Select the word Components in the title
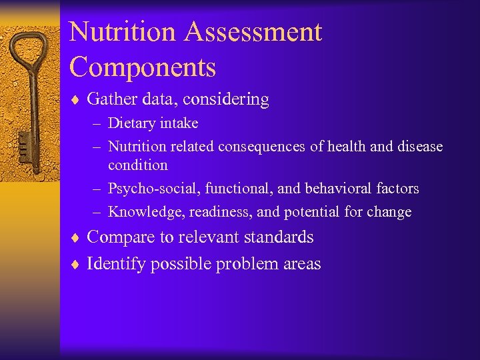[x=142, y=67]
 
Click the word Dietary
[x=132, y=123]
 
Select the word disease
[x=419, y=146]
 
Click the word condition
[x=138, y=164]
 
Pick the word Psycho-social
[x=151, y=189]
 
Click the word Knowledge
[x=146, y=212]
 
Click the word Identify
[x=117, y=264]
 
